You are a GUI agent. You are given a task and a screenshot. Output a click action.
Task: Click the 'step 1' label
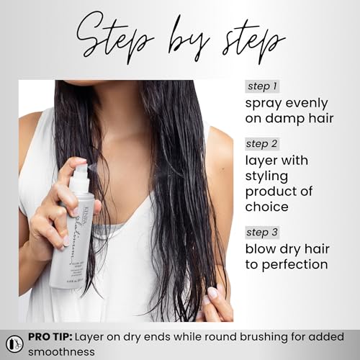[261, 87]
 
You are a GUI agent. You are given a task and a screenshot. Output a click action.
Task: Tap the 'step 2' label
[262, 143]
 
